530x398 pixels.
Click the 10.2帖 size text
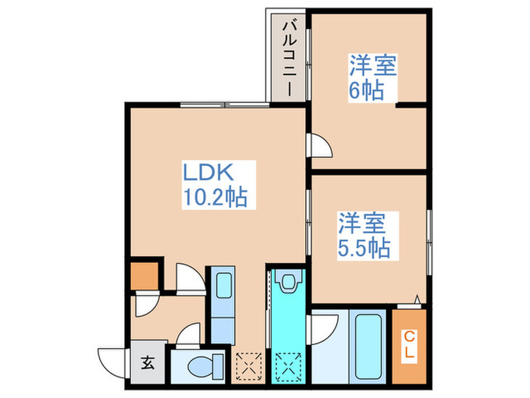214,199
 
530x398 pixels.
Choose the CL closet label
409,343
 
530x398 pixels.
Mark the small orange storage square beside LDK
145,275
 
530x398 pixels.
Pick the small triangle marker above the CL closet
415,299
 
